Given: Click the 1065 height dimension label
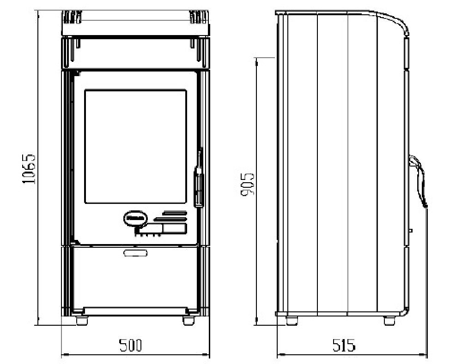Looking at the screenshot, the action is coord(29,169).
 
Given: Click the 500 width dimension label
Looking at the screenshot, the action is coord(131,345).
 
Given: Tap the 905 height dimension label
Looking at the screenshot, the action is coord(247,184).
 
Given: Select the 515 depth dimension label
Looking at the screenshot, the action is coord(344,345).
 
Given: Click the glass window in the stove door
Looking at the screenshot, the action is coord(135,147).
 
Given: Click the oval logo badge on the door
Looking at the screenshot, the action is coord(135,218).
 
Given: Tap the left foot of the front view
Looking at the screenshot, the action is coord(82,321).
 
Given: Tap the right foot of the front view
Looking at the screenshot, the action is coord(188,321).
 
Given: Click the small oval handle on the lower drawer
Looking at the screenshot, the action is coord(135,253).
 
